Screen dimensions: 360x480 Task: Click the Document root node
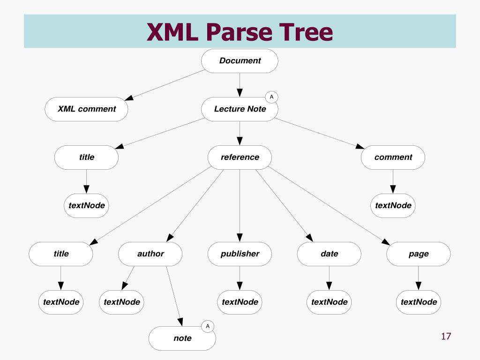(x=240, y=61)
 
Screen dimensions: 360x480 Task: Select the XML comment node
(x=86, y=109)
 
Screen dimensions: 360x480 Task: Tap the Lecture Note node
(x=240, y=109)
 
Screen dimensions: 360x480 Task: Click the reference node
(x=240, y=157)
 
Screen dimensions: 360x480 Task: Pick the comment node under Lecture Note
(x=393, y=157)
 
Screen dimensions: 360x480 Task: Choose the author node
(x=150, y=254)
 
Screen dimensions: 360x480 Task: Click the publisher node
(x=240, y=254)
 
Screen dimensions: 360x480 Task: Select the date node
(x=329, y=254)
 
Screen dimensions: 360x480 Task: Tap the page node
(x=418, y=254)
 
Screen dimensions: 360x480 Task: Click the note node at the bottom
(x=182, y=338)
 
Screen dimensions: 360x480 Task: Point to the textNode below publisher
(x=240, y=302)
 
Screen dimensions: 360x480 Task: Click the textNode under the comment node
(x=393, y=206)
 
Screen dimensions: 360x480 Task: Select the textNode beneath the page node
(x=418, y=302)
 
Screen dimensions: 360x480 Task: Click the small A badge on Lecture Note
(x=271, y=97)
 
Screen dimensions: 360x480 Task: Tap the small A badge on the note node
(x=208, y=326)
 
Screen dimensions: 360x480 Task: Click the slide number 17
(x=445, y=336)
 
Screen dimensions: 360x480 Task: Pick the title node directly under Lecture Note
(x=86, y=157)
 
